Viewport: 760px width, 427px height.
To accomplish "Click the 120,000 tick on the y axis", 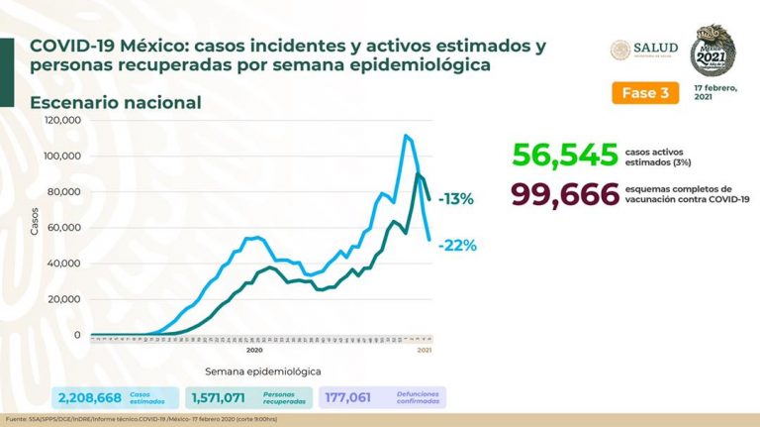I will click(62, 120).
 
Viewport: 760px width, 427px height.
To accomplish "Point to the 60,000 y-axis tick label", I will click(65, 228).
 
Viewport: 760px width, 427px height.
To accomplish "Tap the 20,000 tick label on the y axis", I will click(65, 299).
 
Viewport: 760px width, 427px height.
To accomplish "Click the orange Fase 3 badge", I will click(644, 92).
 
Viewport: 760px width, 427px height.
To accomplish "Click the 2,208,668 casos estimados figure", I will click(88, 397).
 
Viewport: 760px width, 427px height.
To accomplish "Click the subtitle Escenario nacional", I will click(116, 102).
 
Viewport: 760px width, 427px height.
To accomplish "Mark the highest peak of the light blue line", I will click(406, 136).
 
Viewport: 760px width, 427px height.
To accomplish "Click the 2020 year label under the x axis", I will click(253, 350).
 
